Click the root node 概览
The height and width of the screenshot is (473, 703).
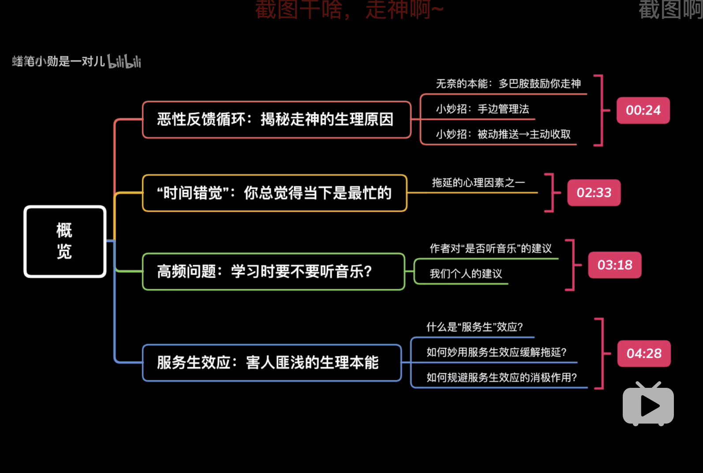click(x=65, y=241)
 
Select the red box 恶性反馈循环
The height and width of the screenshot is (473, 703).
click(x=276, y=120)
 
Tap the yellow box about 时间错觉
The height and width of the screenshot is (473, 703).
click(x=274, y=193)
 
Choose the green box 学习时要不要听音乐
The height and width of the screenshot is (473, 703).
click(x=273, y=271)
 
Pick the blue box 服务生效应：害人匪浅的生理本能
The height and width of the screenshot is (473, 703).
click(x=272, y=363)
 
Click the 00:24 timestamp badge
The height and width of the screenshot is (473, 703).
click(x=643, y=110)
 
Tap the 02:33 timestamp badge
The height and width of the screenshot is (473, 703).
click(x=594, y=193)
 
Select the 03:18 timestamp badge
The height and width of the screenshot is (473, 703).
click(x=614, y=265)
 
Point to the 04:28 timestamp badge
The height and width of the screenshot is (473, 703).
click(x=644, y=353)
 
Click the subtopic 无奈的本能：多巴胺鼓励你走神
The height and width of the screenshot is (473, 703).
click(x=508, y=84)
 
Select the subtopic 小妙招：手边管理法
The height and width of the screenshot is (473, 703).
click(x=482, y=109)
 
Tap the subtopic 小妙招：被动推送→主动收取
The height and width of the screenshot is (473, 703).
click(x=503, y=134)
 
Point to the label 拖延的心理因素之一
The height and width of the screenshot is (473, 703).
click(x=479, y=183)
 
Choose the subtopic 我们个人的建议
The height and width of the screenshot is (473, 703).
click(x=466, y=274)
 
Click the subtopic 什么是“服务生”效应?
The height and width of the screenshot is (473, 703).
click(x=475, y=327)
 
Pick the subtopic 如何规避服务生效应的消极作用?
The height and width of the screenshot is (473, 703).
click(x=501, y=378)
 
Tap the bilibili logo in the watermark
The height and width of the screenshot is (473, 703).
click(x=124, y=62)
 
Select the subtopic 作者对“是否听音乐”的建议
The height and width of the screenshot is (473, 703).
click(x=490, y=248)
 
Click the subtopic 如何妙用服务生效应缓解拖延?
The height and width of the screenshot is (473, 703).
click(x=496, y=352)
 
